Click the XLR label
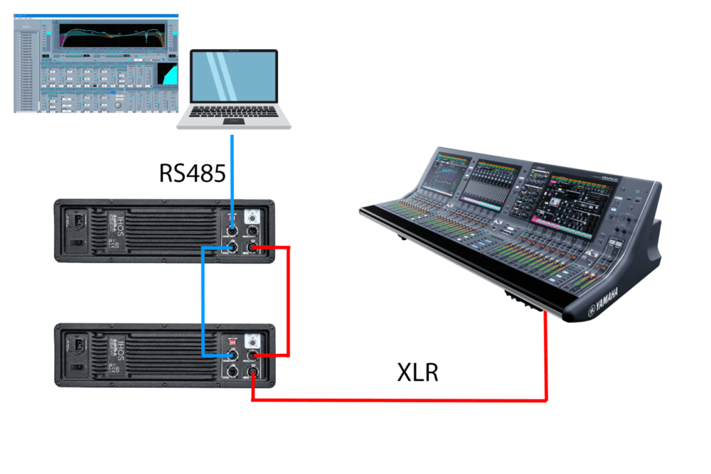tap(417, 372)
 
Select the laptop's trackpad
tap(233, 122)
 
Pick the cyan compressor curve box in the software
tap(166, 77)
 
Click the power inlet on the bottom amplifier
tap(77, 346)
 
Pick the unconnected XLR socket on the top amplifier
tap(252, 232)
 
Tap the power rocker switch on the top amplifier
tap(76, 243)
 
